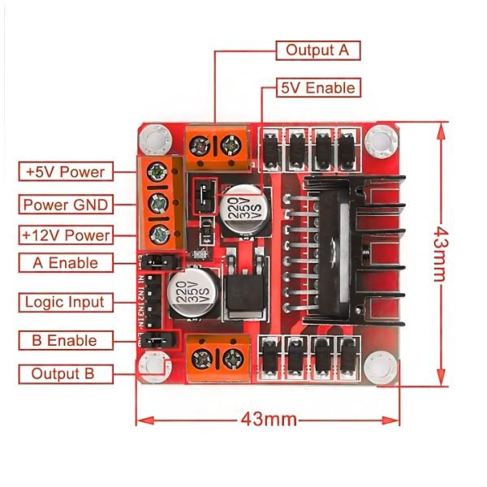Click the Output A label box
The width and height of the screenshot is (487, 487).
[317, 50]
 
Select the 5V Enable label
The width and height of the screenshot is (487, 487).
[317, 87]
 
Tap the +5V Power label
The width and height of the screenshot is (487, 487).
[65, 172]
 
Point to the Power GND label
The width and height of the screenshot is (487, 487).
[65, 204]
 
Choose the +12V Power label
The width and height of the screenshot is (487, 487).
[65, 235]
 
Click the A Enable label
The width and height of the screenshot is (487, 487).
[65, 263]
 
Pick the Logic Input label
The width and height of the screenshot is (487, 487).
[65, 302]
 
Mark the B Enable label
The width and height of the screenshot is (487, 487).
[65, 341]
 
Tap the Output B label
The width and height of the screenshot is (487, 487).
[62, 374]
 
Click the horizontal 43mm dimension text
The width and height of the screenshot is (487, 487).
[268, 420]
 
